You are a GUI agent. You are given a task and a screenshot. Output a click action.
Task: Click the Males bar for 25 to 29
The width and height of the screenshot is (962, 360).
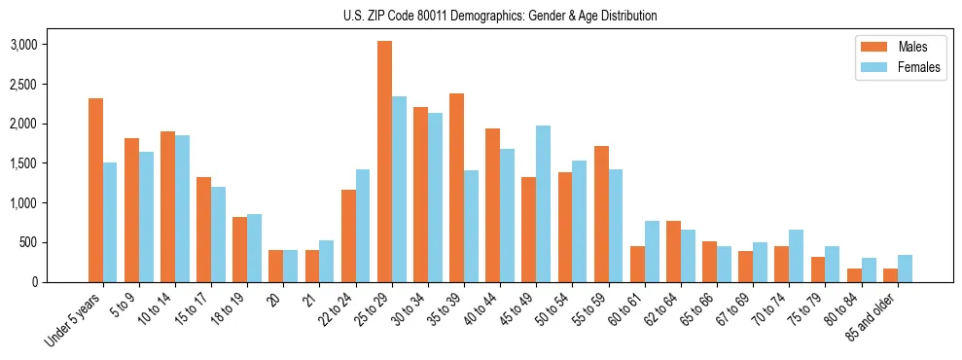pyautogui.click(x=384, y=162)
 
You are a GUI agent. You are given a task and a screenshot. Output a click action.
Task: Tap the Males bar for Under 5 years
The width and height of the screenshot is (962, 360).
pyautogui.click(x=95, y=190)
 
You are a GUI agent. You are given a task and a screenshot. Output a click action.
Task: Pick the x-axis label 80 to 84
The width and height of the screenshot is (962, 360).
pyautogui.click(x=840, y=305)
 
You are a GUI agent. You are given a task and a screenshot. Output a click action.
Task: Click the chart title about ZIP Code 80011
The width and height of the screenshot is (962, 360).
pyautogui.click(x=500, y=16)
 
